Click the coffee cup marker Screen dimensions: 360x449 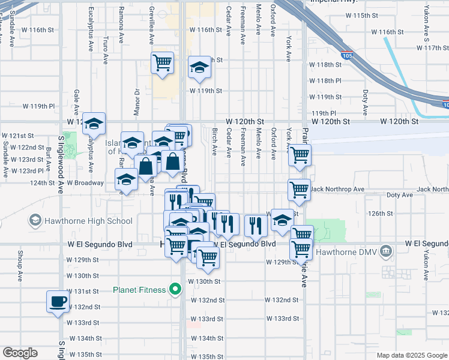click(x=58, y=302)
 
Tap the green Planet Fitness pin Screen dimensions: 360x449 click(x=176, y=290)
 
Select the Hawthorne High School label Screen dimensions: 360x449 click(x=86, y=221)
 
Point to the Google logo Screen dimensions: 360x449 click(x=20, y=353)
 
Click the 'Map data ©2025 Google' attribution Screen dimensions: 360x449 click(x=411, y=355)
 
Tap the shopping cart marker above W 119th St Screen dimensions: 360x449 click(x=162, y=63)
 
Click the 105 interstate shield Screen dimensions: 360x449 click(x=347, y=56)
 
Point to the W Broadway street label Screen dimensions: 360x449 click(x=86, y=182)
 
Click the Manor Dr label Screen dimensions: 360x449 click(x=137, y=101)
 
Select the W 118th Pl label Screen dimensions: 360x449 click(x=325, y=80)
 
